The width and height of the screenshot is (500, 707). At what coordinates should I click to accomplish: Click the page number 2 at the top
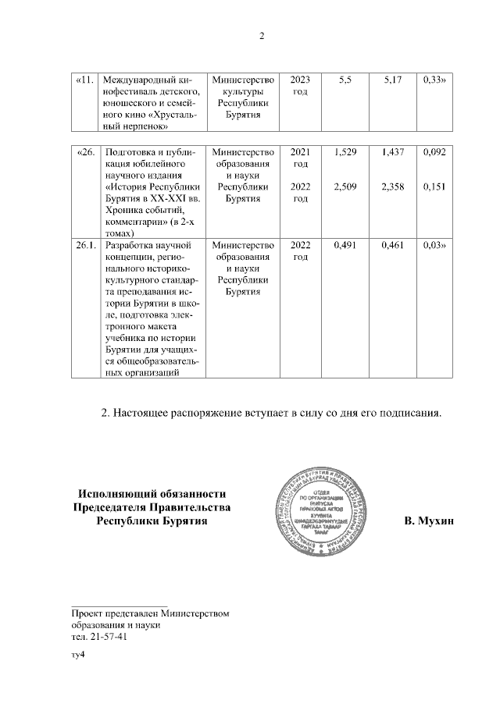pos(262,36)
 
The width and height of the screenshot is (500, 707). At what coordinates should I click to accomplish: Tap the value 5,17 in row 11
pos(394,80)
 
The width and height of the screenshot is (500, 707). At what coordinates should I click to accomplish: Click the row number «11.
pos(86,80)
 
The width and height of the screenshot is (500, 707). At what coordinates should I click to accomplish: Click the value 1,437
pos(393,152)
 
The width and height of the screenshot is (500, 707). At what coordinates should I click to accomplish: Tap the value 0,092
pos(434,152)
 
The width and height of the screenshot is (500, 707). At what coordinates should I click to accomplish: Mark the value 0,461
pos(393,246)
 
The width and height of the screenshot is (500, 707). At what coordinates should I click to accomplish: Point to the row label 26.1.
pos(86,246)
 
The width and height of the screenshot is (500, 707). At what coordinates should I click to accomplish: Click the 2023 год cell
pos(299,86)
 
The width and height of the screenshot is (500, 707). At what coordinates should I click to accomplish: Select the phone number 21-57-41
pos(109,637)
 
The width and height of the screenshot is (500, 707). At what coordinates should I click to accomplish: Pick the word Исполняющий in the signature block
pos(112,492)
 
